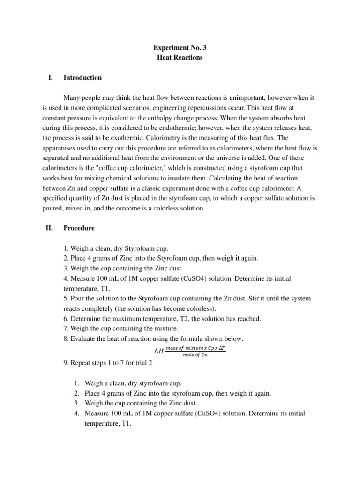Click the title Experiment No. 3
click(x=180, y=47)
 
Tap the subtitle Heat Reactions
click(x=180, y=57)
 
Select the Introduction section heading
click(x=82, y=78)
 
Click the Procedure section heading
click(x=79, y=228)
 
